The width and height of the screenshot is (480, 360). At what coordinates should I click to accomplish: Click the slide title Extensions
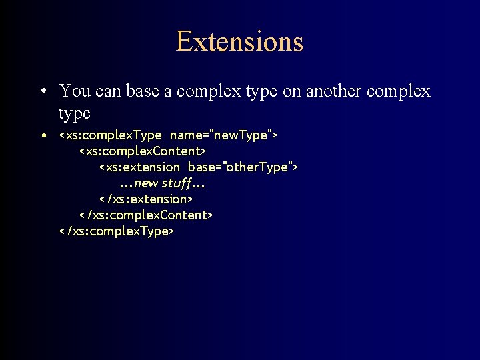pyautogui.click(x=239, y=41)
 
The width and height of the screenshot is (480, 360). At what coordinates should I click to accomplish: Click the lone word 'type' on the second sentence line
pyautogui.click(x=74, y=113)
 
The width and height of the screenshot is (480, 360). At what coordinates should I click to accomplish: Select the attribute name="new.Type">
pyautogui.click(x=223, y=135)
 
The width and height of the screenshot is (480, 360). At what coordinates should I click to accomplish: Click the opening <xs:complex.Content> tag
pyautogui.click(x=143, y=151)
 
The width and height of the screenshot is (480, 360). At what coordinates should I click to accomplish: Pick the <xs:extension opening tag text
pyautogui.click(x=139, y=167)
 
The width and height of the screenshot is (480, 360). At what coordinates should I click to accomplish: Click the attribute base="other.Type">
pyautogui.click(x=243, y=167)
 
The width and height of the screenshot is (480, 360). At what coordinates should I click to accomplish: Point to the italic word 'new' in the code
pyautogui.click(x=145, y=183)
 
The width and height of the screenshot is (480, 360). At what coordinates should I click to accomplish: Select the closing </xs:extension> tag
pyautogui.click(x=146, y=199)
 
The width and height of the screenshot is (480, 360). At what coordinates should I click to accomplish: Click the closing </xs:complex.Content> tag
pyautogui.click(x=146, y=215)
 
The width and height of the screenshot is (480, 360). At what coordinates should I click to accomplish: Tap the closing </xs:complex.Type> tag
pyautogui.click(x=117, y=231)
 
